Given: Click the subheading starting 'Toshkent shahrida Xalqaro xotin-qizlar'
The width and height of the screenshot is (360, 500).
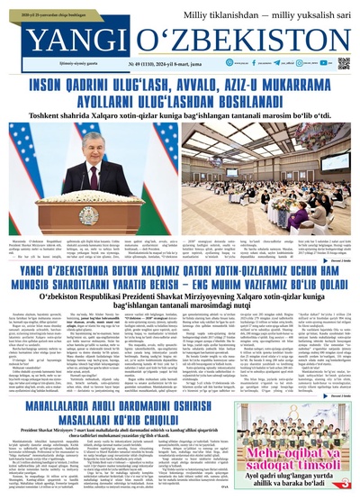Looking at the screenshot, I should pyautogui.click(x=180, y=116).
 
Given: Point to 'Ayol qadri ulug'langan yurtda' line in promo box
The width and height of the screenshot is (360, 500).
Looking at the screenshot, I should pyautogui.click(x=306, y=477).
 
